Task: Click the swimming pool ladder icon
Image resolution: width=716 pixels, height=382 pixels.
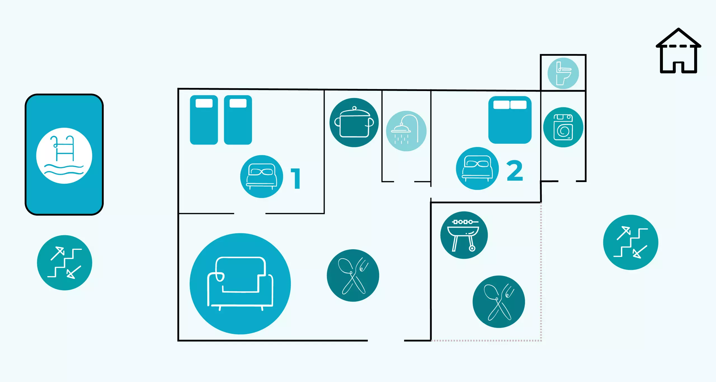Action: [64, 155]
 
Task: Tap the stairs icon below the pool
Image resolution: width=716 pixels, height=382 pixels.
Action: [65, 263]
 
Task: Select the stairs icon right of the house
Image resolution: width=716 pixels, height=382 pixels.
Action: [630, 242]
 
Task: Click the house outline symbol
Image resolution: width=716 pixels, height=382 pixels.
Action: [678, 52]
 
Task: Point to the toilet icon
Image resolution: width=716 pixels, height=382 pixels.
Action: [563, 73]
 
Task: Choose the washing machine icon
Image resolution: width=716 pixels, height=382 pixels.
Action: [563, 127]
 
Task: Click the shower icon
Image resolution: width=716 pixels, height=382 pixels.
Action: [406, 131]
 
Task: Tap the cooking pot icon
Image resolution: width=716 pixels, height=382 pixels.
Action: [354, 122]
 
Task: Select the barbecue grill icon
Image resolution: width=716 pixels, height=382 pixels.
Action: [464, 235]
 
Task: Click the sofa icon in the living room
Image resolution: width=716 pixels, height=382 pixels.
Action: [240, 283]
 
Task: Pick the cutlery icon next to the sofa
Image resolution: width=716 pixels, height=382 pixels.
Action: [353, 275]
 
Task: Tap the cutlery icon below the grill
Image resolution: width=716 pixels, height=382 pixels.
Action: [499, 302]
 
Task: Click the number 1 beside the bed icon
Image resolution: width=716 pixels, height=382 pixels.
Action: [296, 178]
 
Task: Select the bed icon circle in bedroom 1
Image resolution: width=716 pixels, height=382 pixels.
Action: [262, 176]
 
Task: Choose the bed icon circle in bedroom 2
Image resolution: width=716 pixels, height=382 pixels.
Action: [477, 168]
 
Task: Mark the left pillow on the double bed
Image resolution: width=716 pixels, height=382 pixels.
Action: [501, 105]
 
